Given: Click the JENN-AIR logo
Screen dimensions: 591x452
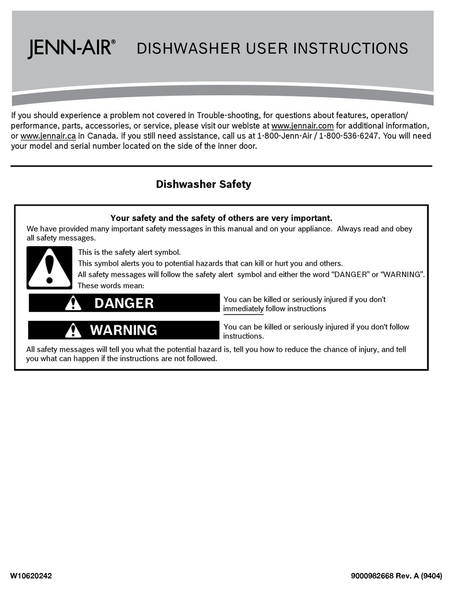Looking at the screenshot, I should pyautogui.click(x=71, y=49).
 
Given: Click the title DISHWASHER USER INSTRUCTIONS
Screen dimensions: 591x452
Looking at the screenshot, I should pyautogui.click(x=272, y=49).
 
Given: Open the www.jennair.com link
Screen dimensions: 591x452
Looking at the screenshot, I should pyautogui.click(x=302, y=126).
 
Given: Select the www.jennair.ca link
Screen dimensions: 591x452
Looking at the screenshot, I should pyautogui.click(x=48, y=136).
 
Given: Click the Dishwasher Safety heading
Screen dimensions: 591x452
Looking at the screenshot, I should pyautogui.click(x=203, y=184).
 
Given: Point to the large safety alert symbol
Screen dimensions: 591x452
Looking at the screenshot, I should pyautogui.click(x=49, y=268).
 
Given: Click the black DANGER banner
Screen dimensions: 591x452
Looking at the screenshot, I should pyautogui.click(x=124, y=303).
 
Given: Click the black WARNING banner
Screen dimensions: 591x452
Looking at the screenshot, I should pyautogui.click(x=124, y=330).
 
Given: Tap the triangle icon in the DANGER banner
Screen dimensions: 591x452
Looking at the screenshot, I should pyautogui.click(x=73, y=303).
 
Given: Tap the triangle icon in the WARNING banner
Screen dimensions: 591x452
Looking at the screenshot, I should pyautogui.click(x=73, y=330).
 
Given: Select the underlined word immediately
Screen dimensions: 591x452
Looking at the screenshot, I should pyautogui.click(x=243, y=309).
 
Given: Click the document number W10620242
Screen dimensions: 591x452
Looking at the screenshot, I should pyautogui.click(x=31, y=576).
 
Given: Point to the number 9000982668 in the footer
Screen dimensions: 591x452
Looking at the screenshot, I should pyautogui.click(x=372, y=576).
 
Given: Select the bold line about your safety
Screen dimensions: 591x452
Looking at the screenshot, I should pyautogui.click(x=221, y=218).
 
